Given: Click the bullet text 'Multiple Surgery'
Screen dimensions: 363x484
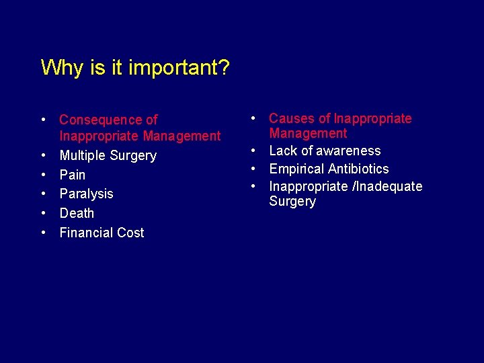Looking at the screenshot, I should pos(108,155).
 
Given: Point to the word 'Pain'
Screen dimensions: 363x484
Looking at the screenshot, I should pos(73,175).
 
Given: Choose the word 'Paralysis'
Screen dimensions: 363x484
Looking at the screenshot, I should pos(86,194).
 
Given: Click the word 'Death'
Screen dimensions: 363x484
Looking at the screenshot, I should pos(77,213).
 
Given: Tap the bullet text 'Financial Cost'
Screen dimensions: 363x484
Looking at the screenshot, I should pos(102,233).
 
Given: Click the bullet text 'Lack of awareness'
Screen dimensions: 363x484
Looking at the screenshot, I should pos(325,151).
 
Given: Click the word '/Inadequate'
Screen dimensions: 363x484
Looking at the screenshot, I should pos(388,186).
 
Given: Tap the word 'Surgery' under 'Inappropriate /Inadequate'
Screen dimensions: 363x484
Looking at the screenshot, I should pos(292,202).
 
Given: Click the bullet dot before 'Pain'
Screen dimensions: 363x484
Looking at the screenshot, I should pos(43,175).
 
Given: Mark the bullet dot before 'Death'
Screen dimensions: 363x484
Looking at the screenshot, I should pos(43,213).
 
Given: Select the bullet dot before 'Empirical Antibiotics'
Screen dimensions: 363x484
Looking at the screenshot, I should pos(253,169).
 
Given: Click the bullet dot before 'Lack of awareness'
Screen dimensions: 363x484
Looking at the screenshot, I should pos(253,151).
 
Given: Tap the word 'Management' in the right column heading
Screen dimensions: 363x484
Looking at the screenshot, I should pos(308,133).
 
